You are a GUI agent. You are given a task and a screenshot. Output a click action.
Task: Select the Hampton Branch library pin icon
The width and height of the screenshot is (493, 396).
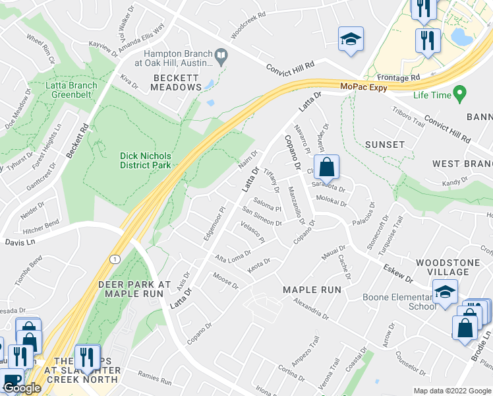coord(221,58)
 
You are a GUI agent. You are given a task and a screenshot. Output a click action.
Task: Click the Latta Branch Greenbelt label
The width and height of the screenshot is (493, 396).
coord(71,90)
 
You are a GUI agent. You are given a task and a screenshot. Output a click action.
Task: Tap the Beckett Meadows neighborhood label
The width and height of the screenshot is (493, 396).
coord(176,82)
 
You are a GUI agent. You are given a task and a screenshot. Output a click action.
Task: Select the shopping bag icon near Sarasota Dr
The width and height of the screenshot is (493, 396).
coord(326,168)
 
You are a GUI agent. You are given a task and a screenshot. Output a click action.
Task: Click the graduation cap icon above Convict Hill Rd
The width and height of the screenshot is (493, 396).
coord(351,39)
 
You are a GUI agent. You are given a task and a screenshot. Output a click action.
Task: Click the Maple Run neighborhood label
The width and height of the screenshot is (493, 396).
coord(312,290)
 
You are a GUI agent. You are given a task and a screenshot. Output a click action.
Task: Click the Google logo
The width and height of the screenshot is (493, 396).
coord(22,389)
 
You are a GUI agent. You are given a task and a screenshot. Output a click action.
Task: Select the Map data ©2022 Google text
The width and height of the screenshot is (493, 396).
coord(451,391)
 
